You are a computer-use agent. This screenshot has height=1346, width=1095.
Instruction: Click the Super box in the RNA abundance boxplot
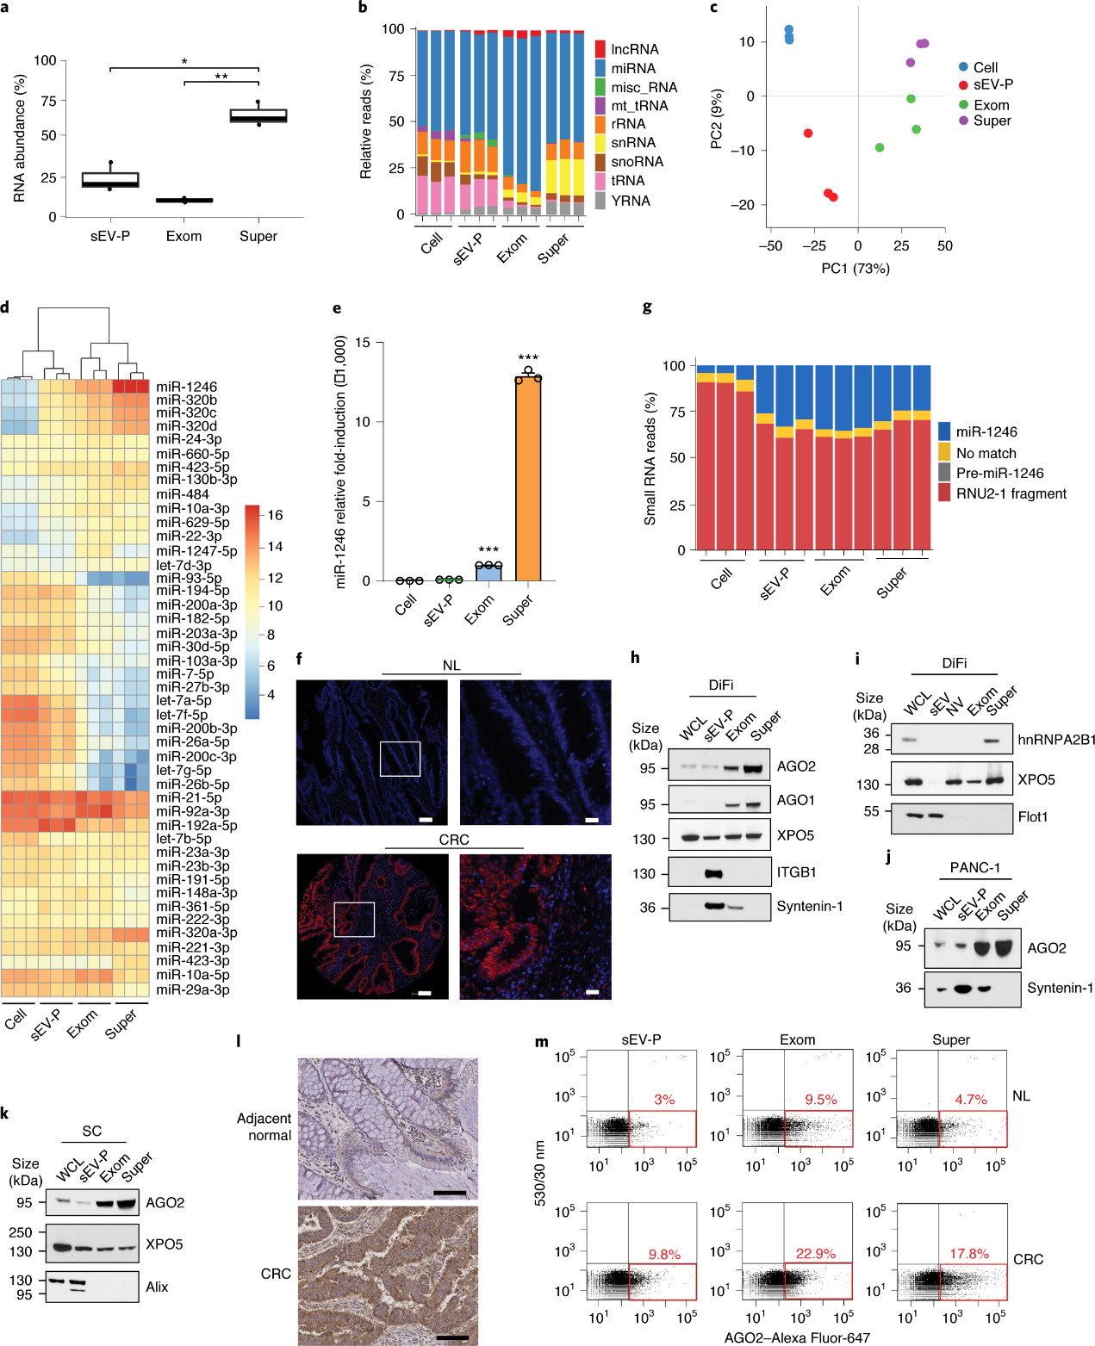pyautogui.click(x=258, y=115)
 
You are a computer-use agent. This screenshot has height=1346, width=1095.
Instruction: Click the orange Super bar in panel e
pyautogui.click(x=528, y=478)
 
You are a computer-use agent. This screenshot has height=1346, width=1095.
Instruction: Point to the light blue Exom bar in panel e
pyautogui.click(x=488, y=573)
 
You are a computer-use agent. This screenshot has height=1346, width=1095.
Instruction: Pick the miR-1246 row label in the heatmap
pyautogui.click(x=186, y=386)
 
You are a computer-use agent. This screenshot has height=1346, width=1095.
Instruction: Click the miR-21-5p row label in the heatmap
pyautogui.click(x=189, y=797)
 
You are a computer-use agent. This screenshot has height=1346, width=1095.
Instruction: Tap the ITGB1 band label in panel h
pyautogui.click(x=796, y=872)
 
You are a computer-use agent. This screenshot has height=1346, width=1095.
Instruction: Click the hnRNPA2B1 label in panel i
pyautogui.click(x=1056, y=740)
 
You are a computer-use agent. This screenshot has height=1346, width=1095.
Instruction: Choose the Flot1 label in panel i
pyautogui.click(x=1032, y=816)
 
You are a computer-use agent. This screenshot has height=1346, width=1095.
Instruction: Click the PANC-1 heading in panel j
pyautogui.click(x=975, y=868)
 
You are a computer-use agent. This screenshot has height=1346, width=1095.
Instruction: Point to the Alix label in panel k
pyautogui.click(x=157, y=1287)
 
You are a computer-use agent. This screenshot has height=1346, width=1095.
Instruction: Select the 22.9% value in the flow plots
pyautogui.click(x=816, y=1254)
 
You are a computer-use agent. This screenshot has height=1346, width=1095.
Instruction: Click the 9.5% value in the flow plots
pyautogui.click(x=821, y=1100)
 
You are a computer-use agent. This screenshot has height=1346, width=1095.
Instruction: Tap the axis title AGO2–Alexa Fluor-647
pyautogui.click(x=797, y=1337)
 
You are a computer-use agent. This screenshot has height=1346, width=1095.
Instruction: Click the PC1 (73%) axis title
pyautogui.click(x=855, y=269)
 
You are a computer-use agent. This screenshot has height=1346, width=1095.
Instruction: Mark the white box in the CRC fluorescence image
pyautogui.click(x=354, y=920)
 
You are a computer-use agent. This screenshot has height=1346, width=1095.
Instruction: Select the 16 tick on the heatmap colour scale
pyautogui.click(x=275, y=515)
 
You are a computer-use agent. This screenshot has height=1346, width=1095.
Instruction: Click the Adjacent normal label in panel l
pyautogui.click(x=264, y=1126)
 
